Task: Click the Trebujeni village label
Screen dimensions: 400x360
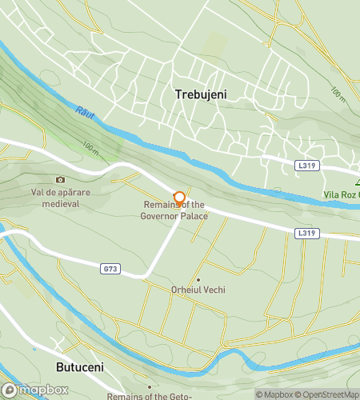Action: pyautogui.click(x=201, y=94)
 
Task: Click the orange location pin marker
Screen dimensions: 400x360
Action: pyautogui.click(x=179, y=198)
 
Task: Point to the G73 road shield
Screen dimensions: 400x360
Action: pyautogui.click(x=110, y=269)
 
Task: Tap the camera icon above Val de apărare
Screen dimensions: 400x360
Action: pyautogui.click(x=59, y=180)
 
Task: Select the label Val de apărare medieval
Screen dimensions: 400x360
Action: pyautogui.click(x=54, y=198)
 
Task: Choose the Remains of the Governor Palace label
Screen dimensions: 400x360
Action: pyautogui.click(x=174, y=211)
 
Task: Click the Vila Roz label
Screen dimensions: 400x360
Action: pyautogui.click(x=342, y=194)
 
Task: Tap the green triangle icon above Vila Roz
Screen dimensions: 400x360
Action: pyautogui.click(x=358, y=182)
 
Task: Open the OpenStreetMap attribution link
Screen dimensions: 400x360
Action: pyautogui.click(x=328, y=394)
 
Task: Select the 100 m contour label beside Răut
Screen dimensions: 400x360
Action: pyautogui.click(x=90, y=148)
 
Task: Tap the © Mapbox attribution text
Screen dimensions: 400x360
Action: pyautogui.click(x=274, y=394)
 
